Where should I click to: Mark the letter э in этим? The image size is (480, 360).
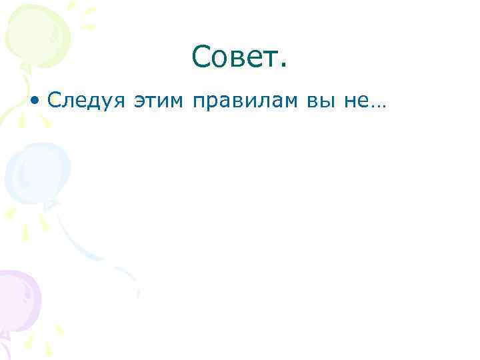[x=140, y=103]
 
